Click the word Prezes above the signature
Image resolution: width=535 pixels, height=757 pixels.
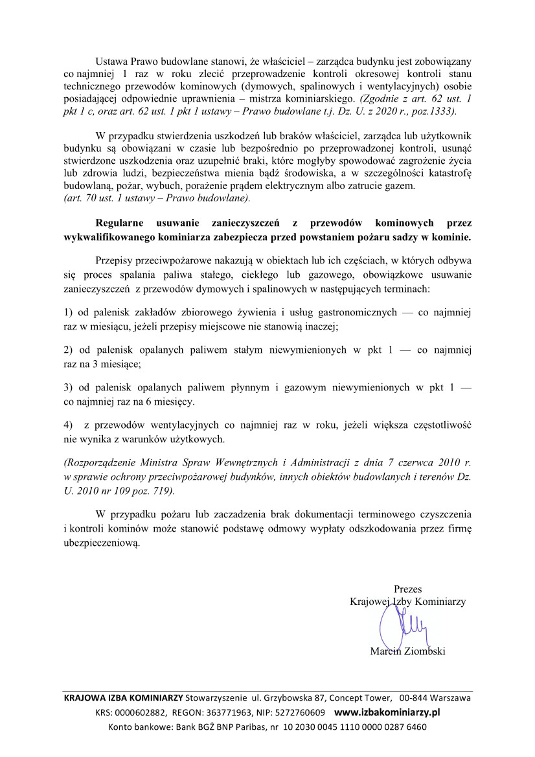click(x=407, y=589)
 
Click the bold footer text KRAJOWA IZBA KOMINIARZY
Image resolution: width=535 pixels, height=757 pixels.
click(x=123, y=699)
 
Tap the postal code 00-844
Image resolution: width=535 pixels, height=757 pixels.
click(x=413, y=699)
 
